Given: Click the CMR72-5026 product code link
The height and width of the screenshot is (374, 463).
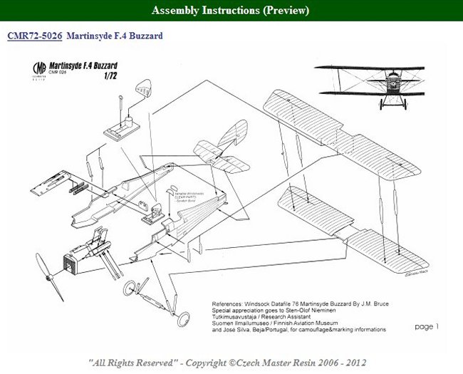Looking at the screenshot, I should click(39, 35).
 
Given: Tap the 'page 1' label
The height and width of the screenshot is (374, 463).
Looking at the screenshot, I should click(426, 326).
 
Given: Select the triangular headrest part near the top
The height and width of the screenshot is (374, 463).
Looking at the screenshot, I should click(145, 89).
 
